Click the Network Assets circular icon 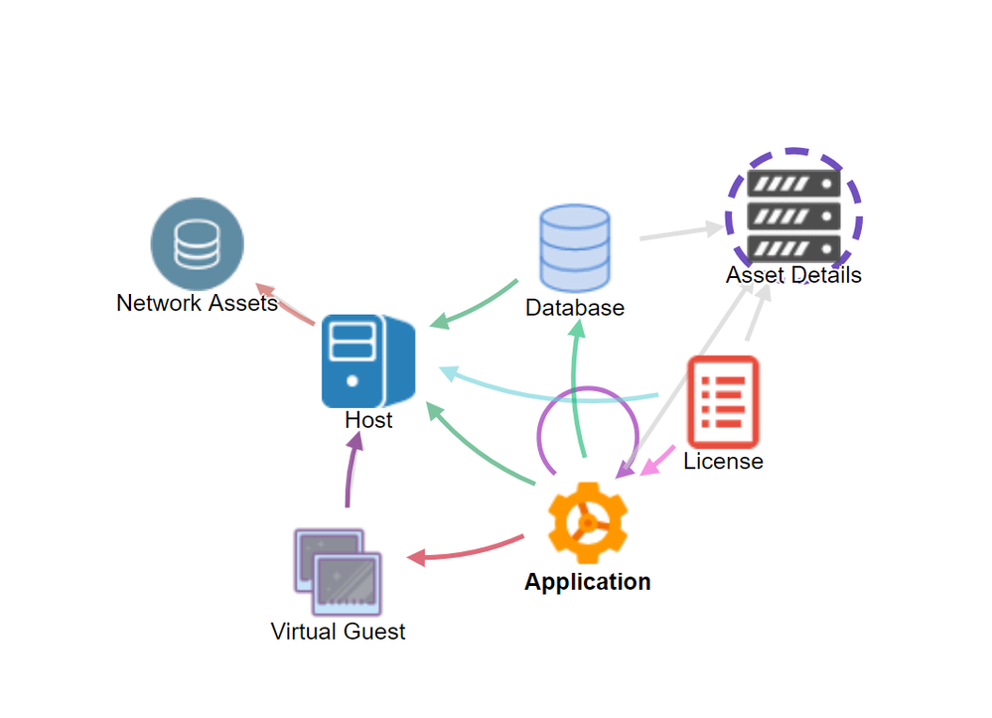[x=197, y=244]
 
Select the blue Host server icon [x=368, y=360]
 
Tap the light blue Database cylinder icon [x=575, y=248]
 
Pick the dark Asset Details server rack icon [x=794, y=216]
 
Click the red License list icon [x=723, y=401]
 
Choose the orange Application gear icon [x=588, y=522]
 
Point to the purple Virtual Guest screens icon [x=338, y=572]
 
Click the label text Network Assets [x=197, y=303]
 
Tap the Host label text [x=368, y=420]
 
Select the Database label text [x=575, y=308]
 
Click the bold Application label [x=588, y=581]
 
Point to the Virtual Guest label [x=338, y=632]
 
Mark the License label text [x=723, y=461]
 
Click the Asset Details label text [x=794, y=275]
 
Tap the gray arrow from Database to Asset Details [x=681, y=232]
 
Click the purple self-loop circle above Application [x=589, y=387]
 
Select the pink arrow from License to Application [x=658, y=461]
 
